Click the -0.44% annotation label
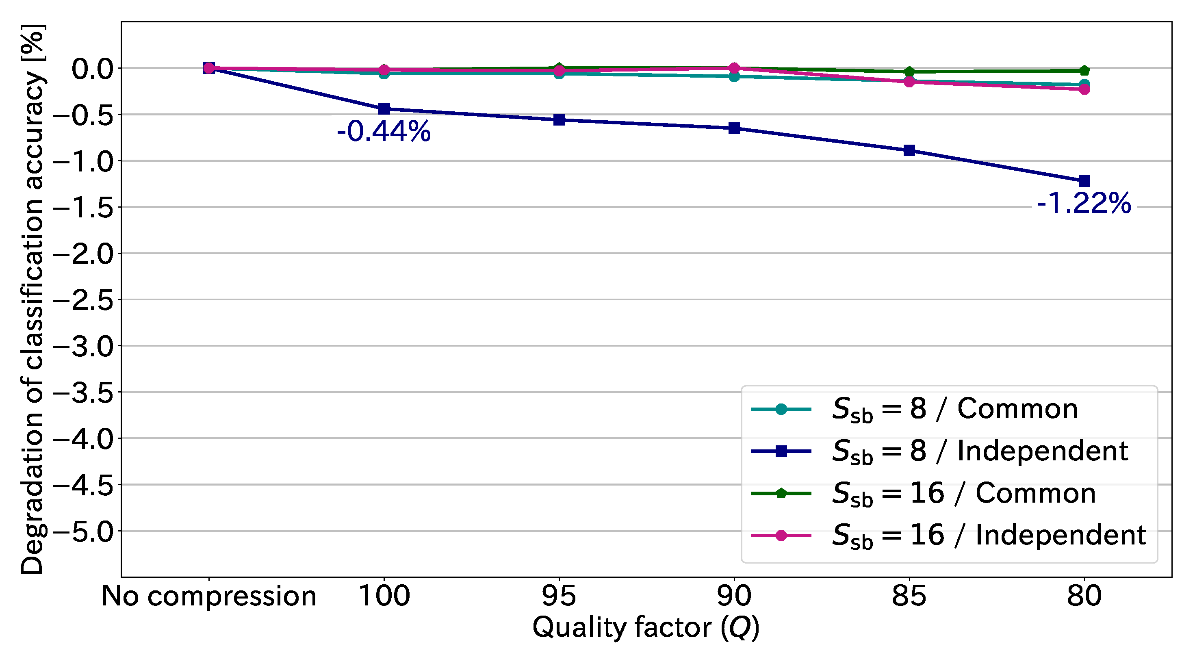point(384,132)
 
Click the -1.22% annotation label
point(1084,203)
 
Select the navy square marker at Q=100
point(384,109)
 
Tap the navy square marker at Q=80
point(1084,181)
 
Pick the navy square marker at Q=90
point(734,128)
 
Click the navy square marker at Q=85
point(909,151)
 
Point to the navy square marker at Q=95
point(559,120)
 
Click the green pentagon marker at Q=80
point(1084,71)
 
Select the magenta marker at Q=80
point(1084,89)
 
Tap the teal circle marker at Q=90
point(734,77)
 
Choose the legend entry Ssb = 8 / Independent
point(980,451)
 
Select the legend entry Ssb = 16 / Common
point(963,493)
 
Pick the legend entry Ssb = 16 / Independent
point(989,535)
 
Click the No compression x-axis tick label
point(209,596)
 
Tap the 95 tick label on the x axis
point(559,596)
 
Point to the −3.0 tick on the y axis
point(84,347)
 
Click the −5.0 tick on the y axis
point(84,531)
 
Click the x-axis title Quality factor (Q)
point(646,627)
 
